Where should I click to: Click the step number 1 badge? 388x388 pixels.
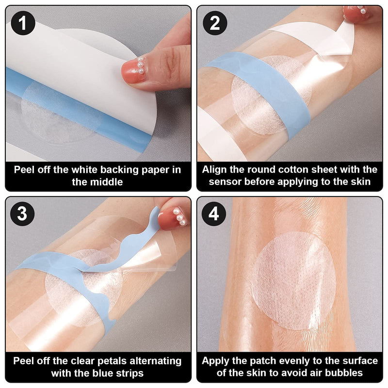click(x=23, y=22)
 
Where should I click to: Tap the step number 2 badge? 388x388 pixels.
click(x=214, y=22)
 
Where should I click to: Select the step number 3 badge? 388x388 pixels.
click(x=23, y=213)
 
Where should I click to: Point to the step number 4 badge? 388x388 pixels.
click(x=214, y=213)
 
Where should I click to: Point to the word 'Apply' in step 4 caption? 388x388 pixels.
click(x=216, y=361)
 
